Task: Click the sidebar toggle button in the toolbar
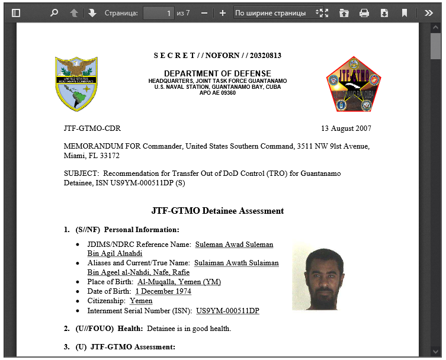click(16, 12)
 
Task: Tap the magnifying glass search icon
click(54, 12)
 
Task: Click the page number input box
click(158, 12)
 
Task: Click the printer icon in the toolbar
click(364, 12)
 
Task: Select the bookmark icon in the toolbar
click(405, 12)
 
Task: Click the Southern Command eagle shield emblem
click(76, 84)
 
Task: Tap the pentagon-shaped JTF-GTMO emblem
click(354, 84)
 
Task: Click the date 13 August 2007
click(346, 128)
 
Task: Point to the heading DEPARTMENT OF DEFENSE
click(217, 73)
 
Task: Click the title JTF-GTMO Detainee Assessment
click(217, 211)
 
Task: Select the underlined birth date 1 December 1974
click(163, 291)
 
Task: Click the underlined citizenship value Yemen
click(141, 301)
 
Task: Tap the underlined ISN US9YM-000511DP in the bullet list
click(227, 311)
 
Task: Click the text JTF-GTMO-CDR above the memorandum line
click(92, 128)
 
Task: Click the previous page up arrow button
click(73, 12)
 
